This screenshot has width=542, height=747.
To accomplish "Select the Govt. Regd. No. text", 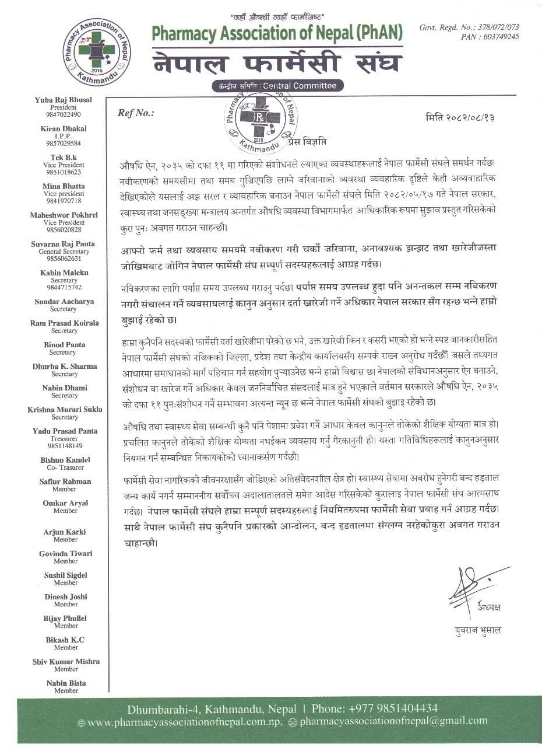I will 469,27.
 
